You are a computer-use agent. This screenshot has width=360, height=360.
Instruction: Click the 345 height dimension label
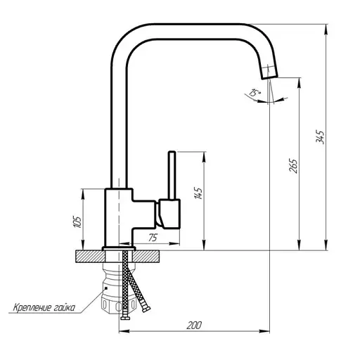coord(320,136)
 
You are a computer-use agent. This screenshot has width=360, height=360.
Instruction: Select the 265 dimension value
coord(293,166)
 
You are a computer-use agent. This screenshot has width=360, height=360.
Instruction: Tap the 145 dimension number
coord(198,193)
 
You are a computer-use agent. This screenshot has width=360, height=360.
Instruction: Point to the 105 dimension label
coord(77,222)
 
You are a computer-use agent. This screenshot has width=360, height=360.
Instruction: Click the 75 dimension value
coord(153,238)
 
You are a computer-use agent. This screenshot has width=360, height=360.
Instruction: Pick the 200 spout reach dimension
coord(194,326)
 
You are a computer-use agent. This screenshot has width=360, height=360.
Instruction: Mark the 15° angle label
coord(255,93)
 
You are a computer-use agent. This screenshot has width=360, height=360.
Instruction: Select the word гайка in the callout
coord(65,307)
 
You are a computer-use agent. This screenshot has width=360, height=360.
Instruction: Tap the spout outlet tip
coord(269,77)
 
